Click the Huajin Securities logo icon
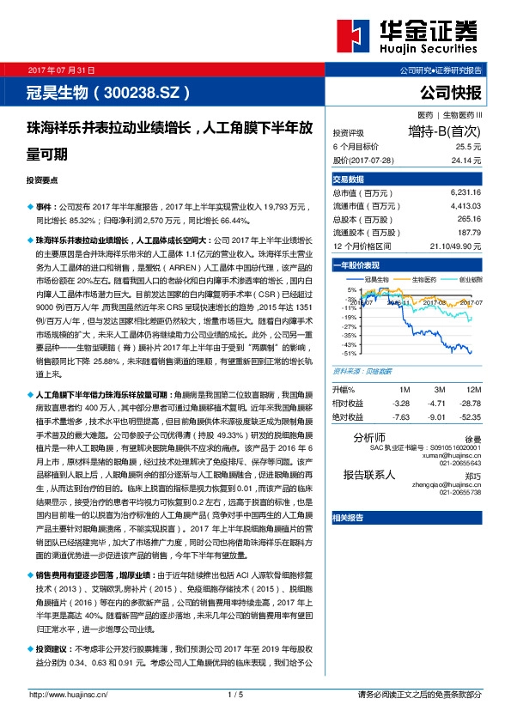tap(354, 37)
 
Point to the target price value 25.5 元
tap(467, 147)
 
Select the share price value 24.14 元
tap(465, 160)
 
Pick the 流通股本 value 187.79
tap(469, 232)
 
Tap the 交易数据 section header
tap(349, 179)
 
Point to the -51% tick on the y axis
tap(349, 353)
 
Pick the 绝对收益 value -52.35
tap(469, 416)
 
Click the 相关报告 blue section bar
tap(348, 518)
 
